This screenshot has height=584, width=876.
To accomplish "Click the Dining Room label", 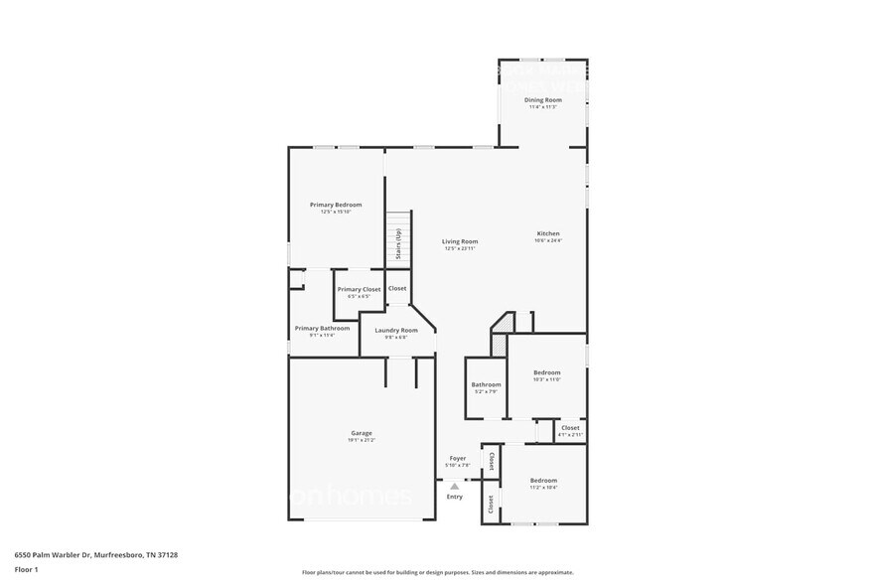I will pos(542,99).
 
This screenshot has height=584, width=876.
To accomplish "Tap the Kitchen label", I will pos(548,233).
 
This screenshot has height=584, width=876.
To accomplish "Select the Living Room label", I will pos(460,241).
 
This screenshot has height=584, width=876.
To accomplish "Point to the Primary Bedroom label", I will pos(336,205).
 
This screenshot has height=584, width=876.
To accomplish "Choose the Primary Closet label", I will pos(359,289).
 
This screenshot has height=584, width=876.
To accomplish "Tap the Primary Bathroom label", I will pos(322,328).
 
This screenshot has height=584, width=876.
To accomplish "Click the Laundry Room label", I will pos(396,330).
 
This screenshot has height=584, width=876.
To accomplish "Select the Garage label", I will pos(361,433).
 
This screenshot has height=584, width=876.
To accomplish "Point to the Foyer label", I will pos(457,458).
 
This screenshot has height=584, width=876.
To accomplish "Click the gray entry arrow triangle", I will pos(454,486).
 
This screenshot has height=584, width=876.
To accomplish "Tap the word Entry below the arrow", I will pos(454,497).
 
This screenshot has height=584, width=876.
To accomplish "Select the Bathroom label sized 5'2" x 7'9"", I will pos(486,384).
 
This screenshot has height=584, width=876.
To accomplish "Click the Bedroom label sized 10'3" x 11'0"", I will pos(546,372).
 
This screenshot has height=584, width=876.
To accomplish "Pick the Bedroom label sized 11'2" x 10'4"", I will pos(543,481).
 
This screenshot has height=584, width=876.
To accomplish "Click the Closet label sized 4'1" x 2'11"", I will pos(570,428).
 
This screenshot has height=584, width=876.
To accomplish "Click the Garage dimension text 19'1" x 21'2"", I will pos(361,440).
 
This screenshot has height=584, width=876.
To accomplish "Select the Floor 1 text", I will pos(26,569).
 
